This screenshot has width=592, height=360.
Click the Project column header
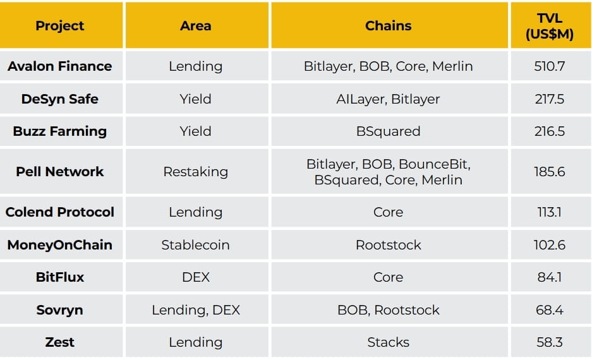coord(59,26)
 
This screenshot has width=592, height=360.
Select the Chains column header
coord(388,26)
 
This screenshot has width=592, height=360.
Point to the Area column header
coord(196,26)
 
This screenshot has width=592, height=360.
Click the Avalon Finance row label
coord(59,66)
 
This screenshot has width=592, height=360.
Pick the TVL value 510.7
coord(549,66)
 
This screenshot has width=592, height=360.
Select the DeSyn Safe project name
coord(59,99)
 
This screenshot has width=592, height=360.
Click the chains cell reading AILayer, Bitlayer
coord(388,99)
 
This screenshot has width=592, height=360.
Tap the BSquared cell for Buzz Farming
coord(388,131)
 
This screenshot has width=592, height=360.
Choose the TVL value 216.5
coord(549,131)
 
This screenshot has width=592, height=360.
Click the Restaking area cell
coord(196,172)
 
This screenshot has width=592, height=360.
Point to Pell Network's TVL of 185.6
coord(549,172)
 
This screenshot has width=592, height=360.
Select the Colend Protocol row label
coord(59,212)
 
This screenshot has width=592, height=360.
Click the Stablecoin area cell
coord(196,245)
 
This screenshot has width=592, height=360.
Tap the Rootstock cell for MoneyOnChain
coord(388,245)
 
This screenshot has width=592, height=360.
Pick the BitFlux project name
coord(59,277)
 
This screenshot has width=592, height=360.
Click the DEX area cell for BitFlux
coord(196,277)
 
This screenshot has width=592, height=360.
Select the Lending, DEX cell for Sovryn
coord(196,310)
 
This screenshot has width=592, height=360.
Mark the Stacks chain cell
coord(388,342)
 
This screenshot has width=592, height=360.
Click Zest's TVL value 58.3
coord(549,342)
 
